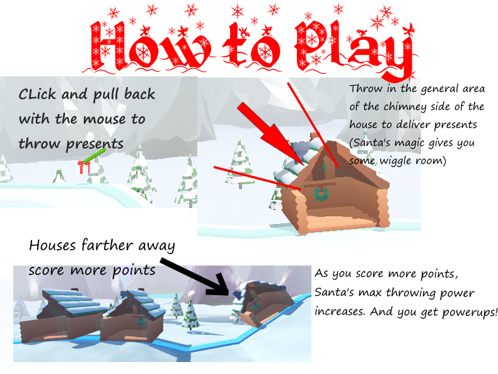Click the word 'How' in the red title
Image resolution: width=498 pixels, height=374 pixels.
point(150,46)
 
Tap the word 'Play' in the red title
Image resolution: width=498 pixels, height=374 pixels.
point(355,48)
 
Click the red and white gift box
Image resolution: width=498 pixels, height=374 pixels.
point(84,168)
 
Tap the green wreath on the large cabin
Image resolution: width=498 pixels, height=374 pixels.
point(321,193)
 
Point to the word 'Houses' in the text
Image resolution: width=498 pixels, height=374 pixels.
point(53,245)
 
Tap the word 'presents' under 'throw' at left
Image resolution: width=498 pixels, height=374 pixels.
point(95,144)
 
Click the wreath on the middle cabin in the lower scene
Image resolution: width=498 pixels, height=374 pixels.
point(140,321)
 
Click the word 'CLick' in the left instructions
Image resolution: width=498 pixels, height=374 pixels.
point(37,95)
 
